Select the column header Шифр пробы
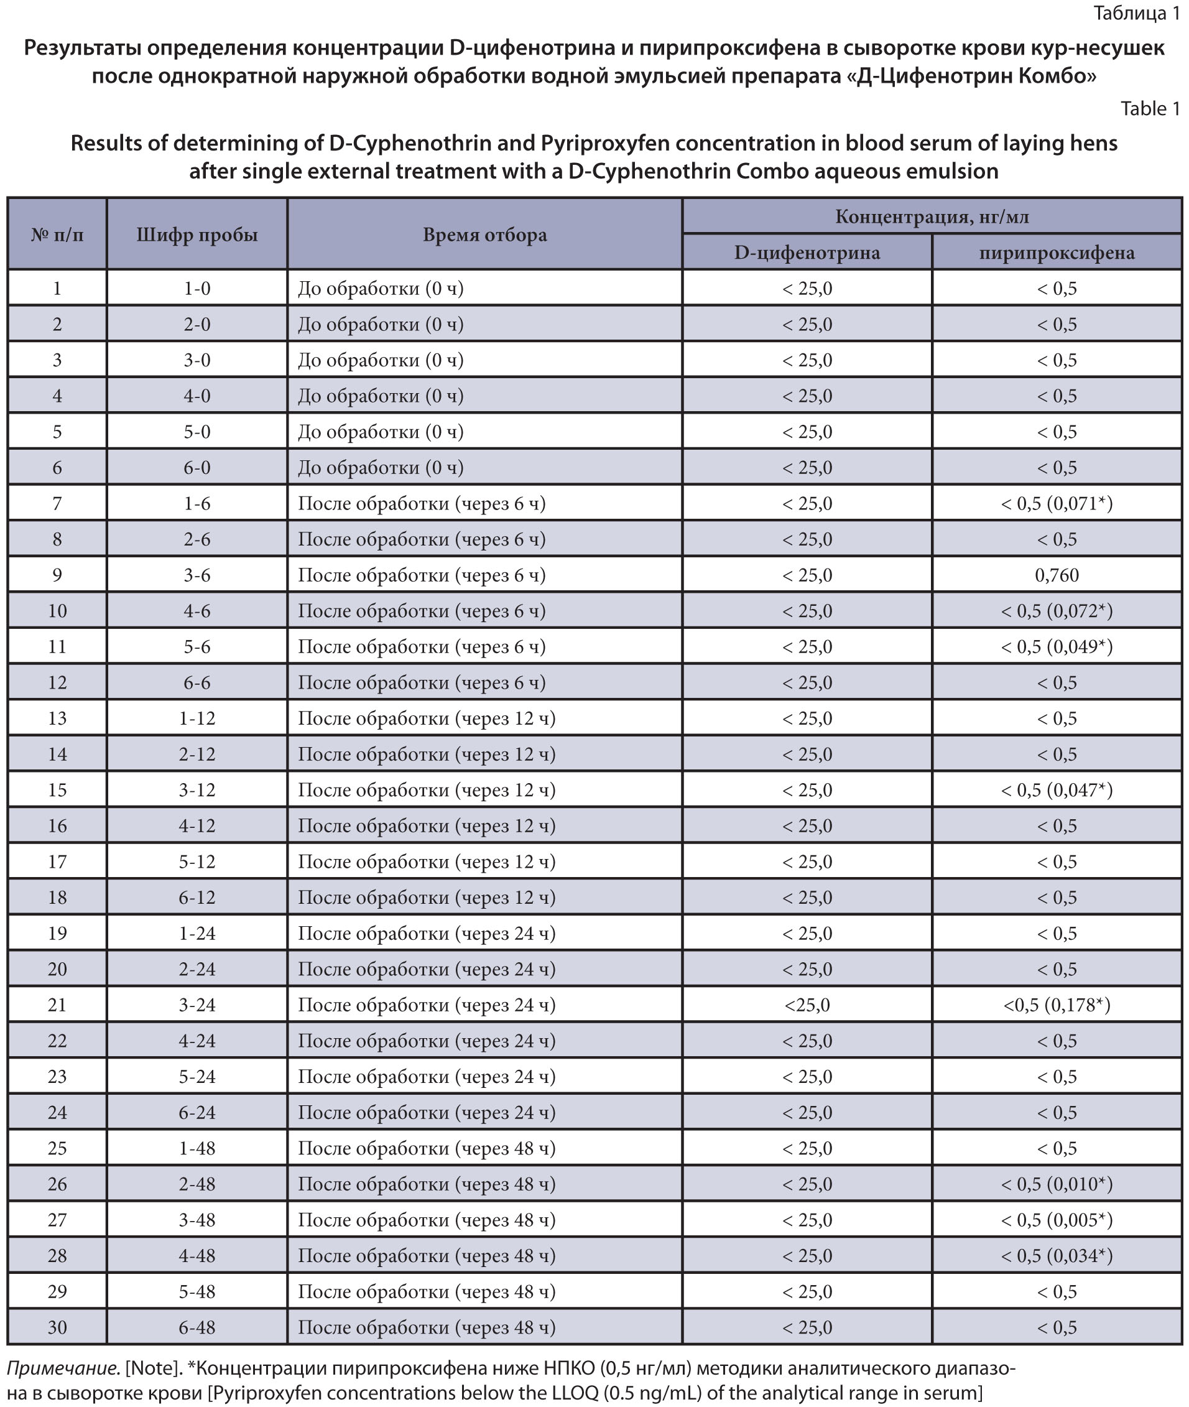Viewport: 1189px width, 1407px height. (197, 234)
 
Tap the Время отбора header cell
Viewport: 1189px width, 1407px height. (484, 234)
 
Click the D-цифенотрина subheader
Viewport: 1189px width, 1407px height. (807, 253)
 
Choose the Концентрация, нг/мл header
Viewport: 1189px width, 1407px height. (932, 216)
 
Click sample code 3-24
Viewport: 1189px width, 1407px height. (197, 1005)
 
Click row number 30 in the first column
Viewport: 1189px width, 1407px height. (57, 1327)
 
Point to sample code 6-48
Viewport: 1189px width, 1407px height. (197, 1327)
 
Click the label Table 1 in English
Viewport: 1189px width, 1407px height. (1150, 109)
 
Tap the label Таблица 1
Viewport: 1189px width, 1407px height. (1136, 13)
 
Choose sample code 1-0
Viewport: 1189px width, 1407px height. (197, 289)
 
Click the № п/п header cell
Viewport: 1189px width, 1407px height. (57, 234)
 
